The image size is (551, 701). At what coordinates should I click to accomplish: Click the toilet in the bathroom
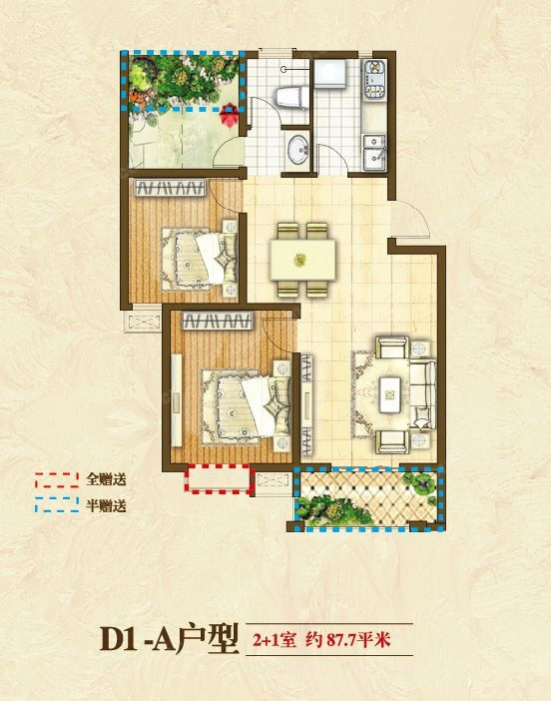pyautogui.click(x=291, y=97)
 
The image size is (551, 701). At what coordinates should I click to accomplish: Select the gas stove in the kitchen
pyautogui.click(x=374, y=79)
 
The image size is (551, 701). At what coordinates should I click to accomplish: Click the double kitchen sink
pyautogui.click(x=374, y=152)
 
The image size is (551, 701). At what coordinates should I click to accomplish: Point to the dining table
pyautogui.click(x=302, y=260)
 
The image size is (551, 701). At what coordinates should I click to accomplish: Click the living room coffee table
pyautogui.click(x=390, y=394)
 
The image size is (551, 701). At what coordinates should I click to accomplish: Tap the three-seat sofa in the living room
pyautogui.click(x=422, y=394)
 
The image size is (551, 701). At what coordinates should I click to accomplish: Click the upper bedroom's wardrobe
pyautogui.click(x=170, y=188)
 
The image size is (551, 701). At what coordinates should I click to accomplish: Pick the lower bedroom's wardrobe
pyautogui.click(x=218, y=321)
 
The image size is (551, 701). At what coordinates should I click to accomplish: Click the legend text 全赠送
pyautogui.click(x=107, y=479)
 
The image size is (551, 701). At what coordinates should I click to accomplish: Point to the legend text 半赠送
pyautogui.click(x=107, y=505)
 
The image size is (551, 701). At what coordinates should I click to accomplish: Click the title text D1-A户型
pyautogui.click(x=169, y=639)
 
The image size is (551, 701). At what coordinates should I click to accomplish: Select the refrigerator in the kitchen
pyautogui.click(x=329, y=74)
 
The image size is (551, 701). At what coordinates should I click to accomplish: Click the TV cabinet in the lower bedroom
pyautogui.click(x=176, y=399)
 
